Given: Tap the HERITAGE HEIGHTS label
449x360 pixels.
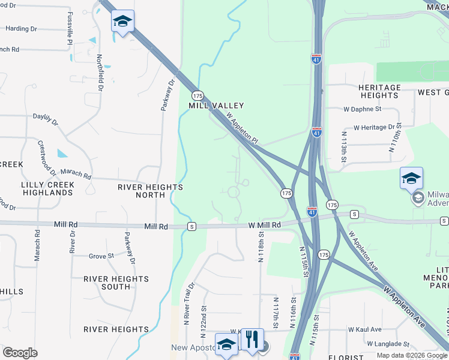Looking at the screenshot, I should [379, 91].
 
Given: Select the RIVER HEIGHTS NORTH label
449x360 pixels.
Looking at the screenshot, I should [150, 191].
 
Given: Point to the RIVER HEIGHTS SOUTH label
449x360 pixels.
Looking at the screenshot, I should [116, 283].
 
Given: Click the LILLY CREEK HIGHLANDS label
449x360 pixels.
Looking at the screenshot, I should [47, 188].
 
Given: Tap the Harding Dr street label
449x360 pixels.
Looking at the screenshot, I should [21, 28].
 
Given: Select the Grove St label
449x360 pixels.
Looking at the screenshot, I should [101, 256].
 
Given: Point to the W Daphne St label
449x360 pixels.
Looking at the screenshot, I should [363, 109].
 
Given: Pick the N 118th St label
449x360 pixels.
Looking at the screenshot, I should [261, 248].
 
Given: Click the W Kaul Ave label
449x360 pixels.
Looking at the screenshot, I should [364, 329].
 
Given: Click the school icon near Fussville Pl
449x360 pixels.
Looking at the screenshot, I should [122, 22].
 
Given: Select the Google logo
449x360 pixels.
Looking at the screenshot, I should [20, 353].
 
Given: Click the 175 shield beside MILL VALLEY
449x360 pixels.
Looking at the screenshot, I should [198, 95].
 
